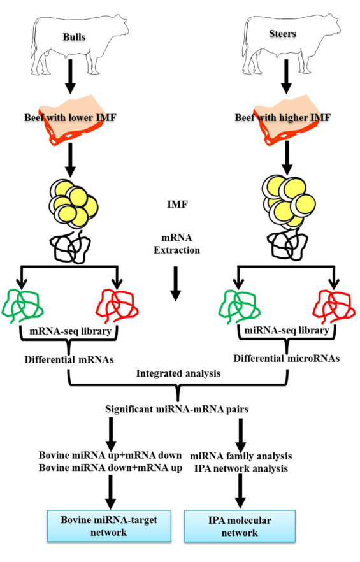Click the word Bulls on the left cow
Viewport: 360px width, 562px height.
point(74,37)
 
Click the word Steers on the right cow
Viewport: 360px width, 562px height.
point(282,34)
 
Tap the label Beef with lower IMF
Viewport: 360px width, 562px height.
point(70,117)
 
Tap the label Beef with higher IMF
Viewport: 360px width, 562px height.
point(282,117)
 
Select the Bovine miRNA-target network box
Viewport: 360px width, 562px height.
point(109,526)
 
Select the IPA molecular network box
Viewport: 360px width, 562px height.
point(240,526)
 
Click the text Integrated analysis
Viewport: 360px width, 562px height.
point(178,373)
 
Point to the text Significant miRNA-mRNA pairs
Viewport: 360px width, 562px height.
point(176,409)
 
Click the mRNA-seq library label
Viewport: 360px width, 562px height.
point(70,331)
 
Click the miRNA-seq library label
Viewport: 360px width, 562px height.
point(287,330)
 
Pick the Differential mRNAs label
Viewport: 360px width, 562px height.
point(69,359)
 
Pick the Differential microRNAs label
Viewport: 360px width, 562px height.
point(287,358)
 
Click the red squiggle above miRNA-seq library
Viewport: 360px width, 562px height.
point(334,305)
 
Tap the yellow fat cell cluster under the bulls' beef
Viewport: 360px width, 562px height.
point(73,204)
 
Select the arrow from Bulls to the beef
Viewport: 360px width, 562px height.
point(70,76)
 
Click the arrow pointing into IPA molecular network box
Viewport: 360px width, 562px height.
point(240,491)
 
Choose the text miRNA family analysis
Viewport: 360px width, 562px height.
point(241,456)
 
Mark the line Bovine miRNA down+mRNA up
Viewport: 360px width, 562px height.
point(110,468)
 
